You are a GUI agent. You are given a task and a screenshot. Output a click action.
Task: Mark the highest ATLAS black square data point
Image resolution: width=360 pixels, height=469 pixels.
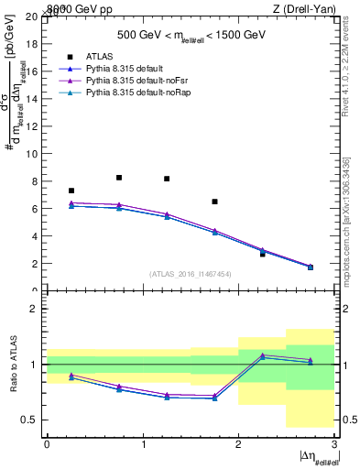point(119,178)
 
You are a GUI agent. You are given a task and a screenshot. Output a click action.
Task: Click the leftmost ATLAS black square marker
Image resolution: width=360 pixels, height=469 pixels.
point(71,191)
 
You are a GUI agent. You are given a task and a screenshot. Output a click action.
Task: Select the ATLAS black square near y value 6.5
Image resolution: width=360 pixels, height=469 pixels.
point(214,202)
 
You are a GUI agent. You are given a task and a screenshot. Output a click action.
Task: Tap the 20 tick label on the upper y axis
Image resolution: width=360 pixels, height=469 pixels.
point(32,16)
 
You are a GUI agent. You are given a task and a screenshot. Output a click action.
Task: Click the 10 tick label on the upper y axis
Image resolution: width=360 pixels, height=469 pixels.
point(32,154)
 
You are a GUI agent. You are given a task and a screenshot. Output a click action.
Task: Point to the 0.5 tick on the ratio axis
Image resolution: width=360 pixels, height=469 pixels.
point(31,420)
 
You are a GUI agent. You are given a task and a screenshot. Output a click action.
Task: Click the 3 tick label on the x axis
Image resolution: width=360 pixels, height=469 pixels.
point(334,444)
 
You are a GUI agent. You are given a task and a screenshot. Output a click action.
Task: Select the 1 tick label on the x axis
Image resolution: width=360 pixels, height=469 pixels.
point(143,444)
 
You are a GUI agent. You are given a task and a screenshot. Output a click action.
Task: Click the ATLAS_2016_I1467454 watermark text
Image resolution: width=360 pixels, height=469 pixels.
point(191,273)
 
